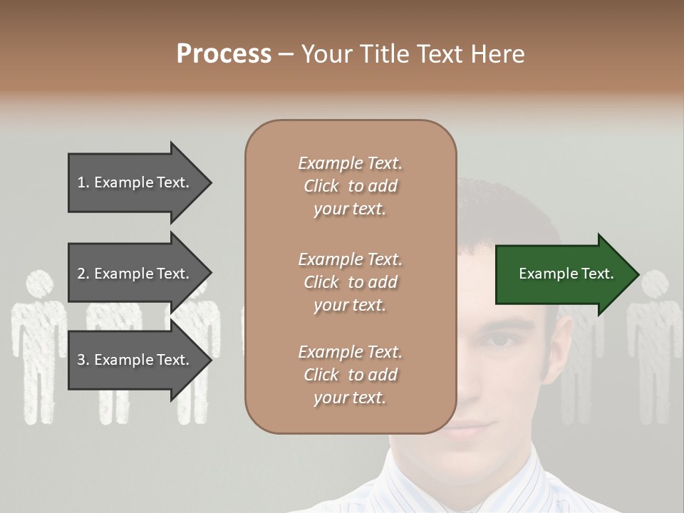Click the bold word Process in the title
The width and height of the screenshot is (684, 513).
click(x=224, y=54)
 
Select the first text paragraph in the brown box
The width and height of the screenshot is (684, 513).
click(x=350, y=186)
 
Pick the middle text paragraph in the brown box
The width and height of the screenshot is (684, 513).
click(x=350, y=282)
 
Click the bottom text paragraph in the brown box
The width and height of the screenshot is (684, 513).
click(x=350, y=375)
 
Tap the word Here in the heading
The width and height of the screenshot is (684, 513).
click(x=498, y=54)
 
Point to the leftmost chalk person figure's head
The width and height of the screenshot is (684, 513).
click(x=39, y=284)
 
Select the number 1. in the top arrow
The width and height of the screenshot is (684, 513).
click(x=83, y=182)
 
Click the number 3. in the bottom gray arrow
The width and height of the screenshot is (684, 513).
click(x=83, y=360)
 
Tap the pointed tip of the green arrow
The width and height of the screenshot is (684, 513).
click(x=637, y=274)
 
